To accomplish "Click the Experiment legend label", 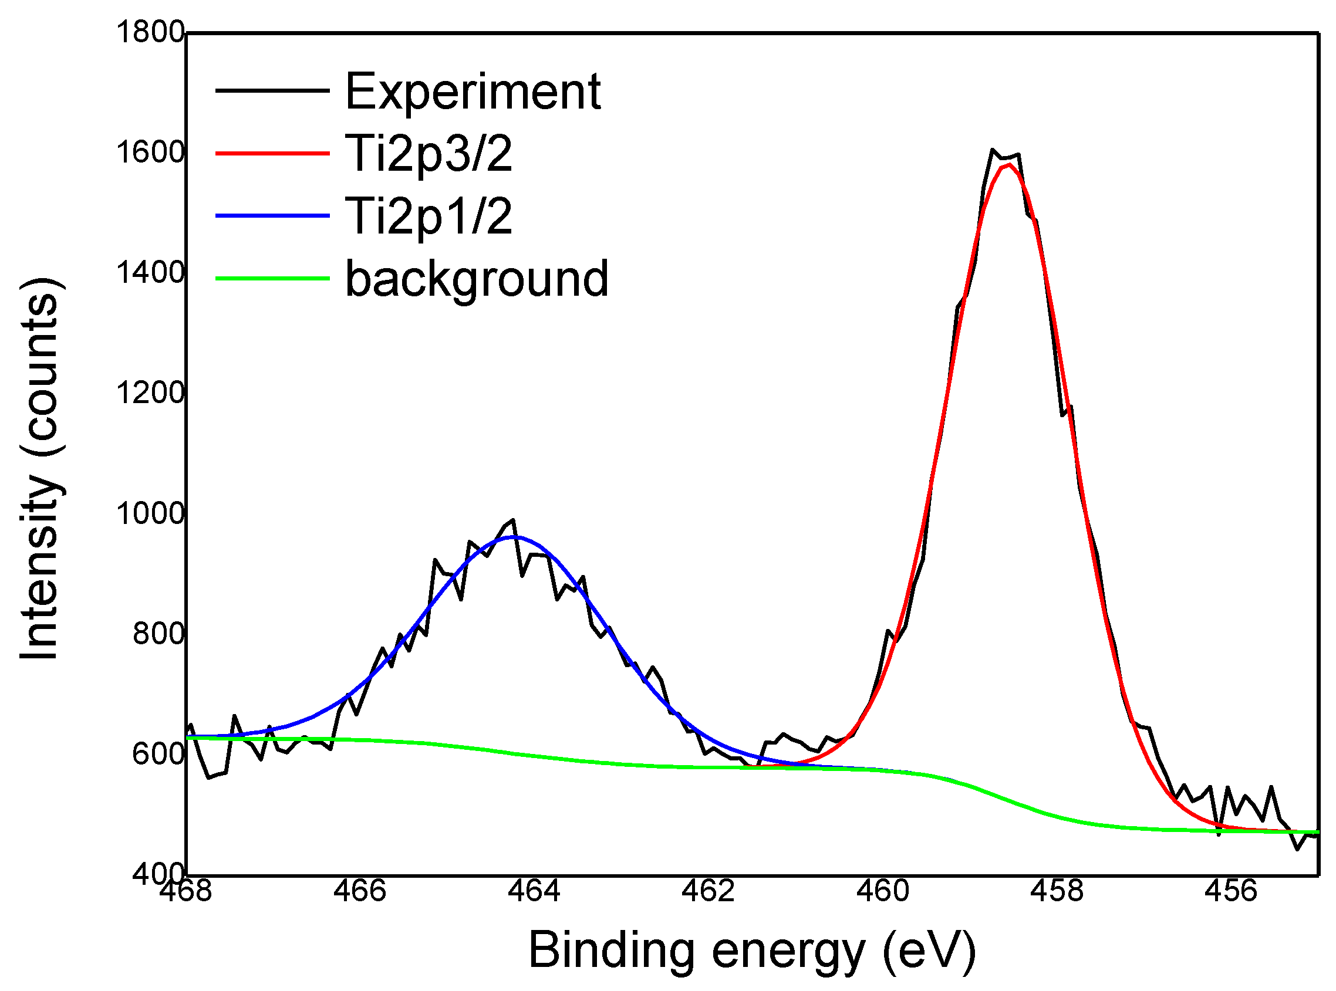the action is pos(473,91).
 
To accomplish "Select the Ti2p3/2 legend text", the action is pos(429,154).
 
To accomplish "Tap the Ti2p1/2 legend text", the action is pos(429,217).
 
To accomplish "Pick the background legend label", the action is pos(477,279).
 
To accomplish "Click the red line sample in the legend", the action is pos(272,154).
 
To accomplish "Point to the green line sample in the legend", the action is pos(272,278).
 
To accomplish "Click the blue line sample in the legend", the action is pos(272,216).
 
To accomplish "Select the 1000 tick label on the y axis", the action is pos(150,513).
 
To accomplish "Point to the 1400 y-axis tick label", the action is pos(150,273).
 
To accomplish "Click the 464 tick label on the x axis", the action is pos(534,891).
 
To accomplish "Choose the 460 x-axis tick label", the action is pos(882,891).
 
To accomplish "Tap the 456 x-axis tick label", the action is pos(1230,891).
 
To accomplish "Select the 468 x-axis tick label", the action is pos(186,891).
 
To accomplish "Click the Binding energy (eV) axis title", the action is pos(752,951).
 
